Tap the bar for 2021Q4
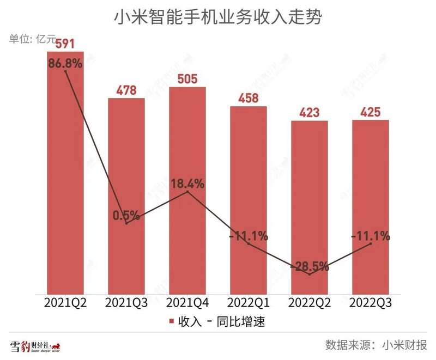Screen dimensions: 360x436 [187, 218]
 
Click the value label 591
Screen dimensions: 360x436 [65, 44]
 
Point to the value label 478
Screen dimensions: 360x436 [126, 90]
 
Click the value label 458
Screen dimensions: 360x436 [249, 99]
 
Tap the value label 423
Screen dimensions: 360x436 [310, 113]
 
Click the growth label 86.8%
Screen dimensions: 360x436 [65, 63]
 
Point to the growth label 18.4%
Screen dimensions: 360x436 [187, 184]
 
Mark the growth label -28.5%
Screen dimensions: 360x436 [310, 267]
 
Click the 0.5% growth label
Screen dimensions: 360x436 [126, 215]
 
